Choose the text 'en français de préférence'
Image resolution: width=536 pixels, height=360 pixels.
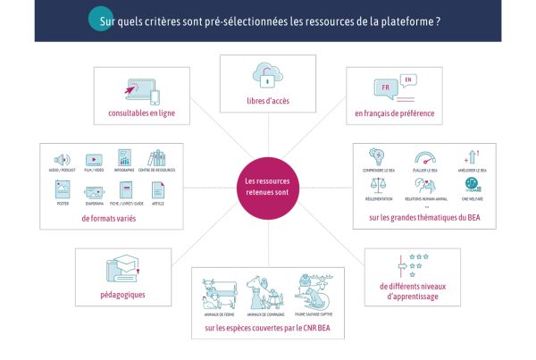[x=394, y=113]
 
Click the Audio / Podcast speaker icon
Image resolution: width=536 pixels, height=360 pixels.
[x=62, y=160]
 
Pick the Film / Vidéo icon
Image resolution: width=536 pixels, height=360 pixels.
[x=94, y=160]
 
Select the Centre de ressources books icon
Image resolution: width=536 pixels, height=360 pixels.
[x=157, y=160]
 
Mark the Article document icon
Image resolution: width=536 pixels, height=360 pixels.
[x=157, y=189]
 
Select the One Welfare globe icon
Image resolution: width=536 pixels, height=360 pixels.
[x=471, y=185]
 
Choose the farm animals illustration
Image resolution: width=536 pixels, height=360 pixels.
[x=218, y=290]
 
